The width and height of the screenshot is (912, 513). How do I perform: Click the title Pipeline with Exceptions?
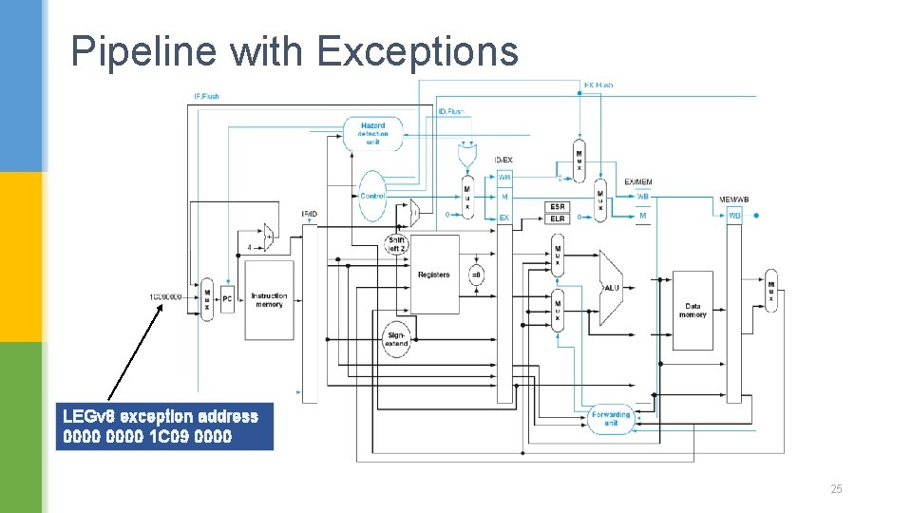pyautogui.click(x=294, y=51)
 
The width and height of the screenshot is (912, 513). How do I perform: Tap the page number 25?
pyautogui.click(x=836, y=489)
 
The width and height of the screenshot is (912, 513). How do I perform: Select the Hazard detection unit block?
pyautogui.click(x=373, y=134)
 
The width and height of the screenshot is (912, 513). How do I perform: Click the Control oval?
pyautogui.click(x=372, y=196)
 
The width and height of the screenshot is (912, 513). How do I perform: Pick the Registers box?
pyautogui.click(x=434, y=275)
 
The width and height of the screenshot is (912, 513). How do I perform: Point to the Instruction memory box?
pyautogui.click(x=269, y=300)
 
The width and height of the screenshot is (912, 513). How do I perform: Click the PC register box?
pyautogui.click(x=227, y=299)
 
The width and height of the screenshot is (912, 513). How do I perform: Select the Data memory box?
pyautogui.click(x=693, y=311)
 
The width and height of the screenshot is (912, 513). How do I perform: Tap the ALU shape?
pyautogui.click(x=612, y=287)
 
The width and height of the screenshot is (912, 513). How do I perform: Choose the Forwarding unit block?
pyautogui.click(x=610, y=418)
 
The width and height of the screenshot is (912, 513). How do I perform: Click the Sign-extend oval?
pyautogui.click(x=396, y=339)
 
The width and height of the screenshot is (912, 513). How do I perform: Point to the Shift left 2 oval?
pyautogui.click(x=396, y=244)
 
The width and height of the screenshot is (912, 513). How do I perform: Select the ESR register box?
pyautogui.click(x=558, y=206)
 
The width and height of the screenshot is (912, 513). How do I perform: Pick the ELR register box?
pyautogui.click(x=558, y=218)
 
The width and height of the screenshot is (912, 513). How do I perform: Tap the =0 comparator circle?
pyautogui.click(x=476, y=275)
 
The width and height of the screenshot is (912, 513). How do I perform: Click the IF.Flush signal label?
pyautogui.click(x=206, y=96)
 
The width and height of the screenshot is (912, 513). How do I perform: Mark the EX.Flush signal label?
pyautogui.click(x=598, y=85)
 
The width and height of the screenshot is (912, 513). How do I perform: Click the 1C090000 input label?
pyautogui.click(x=165, y=296)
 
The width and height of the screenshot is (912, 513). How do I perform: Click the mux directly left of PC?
pyautogui.click(x=206, y=300)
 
